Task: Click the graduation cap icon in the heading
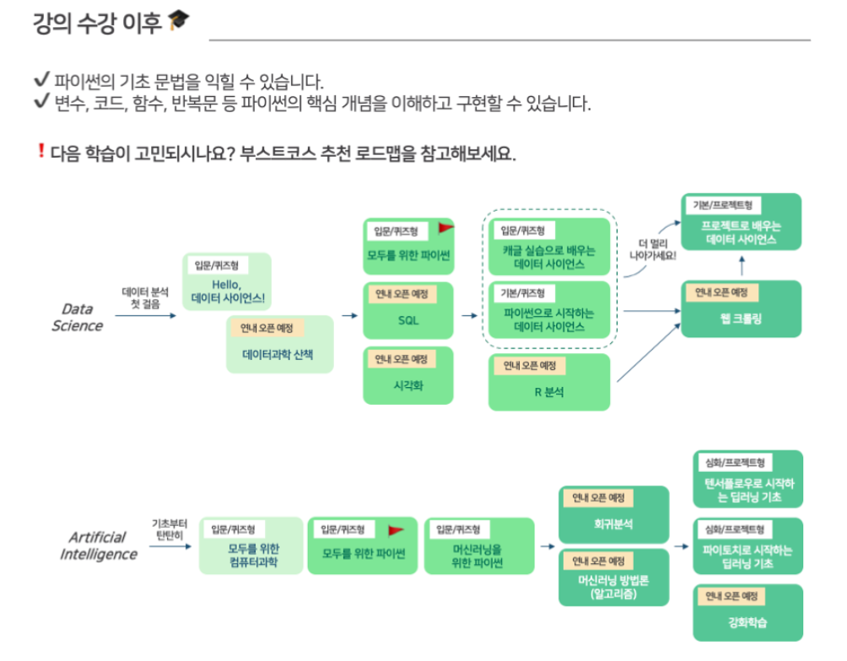point(179,21)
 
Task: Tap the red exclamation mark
point(40,152)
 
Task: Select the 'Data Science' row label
point(77,317)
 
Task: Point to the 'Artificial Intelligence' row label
point(98,545)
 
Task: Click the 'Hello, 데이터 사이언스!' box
point(227,282)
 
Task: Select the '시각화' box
point(408,375)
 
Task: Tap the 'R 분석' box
point(549,383)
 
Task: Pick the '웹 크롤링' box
point(742,309)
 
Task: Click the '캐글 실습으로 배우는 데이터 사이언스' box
point(549,246)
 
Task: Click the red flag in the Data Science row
point(445,228)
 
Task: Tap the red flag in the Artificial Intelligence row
point(396,530)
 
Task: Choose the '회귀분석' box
point(613,514)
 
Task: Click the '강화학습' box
point(747,612)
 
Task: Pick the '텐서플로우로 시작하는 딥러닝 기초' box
point(747,480)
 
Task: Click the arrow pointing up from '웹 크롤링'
point(742,266)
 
